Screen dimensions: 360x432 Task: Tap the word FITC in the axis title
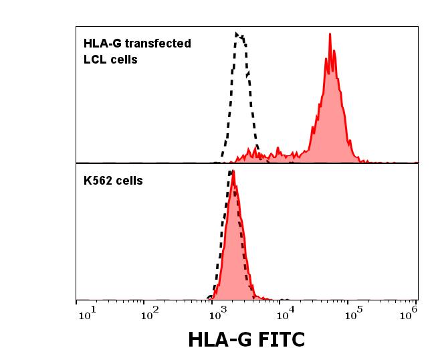coord(278,339)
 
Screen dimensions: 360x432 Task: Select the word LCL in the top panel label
coord(94,60)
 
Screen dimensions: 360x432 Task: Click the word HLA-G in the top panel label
coord(99,44)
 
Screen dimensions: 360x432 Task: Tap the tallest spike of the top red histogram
coord(330,35)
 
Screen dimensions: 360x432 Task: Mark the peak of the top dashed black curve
coord(237,32)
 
